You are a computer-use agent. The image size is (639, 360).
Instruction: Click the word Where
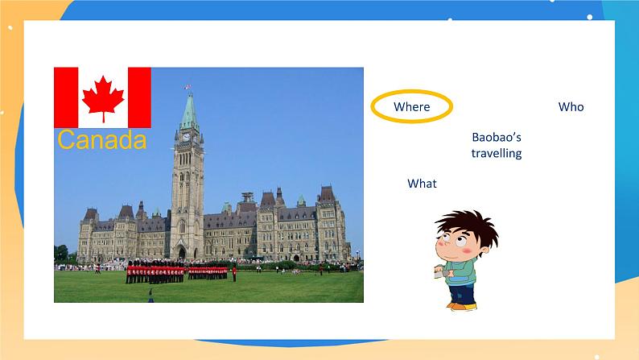pos(411,107)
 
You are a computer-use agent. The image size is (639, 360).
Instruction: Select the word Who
pos(571,107)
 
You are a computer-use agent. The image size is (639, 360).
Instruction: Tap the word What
pos(422,184)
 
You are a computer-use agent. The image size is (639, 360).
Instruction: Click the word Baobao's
pos(497,137)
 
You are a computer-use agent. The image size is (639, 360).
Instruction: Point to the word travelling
pos(497,153)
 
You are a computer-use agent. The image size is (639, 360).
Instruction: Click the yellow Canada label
pos(102,139)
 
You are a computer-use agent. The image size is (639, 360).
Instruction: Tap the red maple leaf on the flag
pos(103,98)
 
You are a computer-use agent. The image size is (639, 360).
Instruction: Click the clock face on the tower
pos(186,137)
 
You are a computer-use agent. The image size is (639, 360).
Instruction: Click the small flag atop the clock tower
pos(187,87)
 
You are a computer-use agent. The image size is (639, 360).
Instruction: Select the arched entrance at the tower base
pos(182,253)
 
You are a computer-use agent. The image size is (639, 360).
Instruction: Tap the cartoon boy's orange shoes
pos(462,305)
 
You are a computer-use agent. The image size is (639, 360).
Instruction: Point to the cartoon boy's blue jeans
pos(462,293)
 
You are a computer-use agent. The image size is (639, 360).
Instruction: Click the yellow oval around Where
pos(411,91)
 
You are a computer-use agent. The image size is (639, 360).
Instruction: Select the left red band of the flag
pos(66,97)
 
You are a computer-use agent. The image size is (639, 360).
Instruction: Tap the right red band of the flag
pos(139,97)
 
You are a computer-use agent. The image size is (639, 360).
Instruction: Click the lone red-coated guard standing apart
pos(234,273)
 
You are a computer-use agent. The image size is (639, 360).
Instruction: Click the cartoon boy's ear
pos(484,249)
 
